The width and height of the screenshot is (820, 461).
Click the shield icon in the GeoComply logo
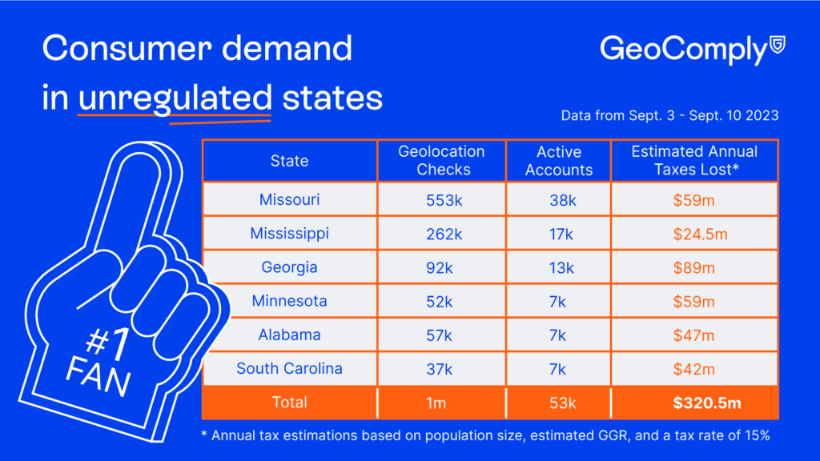pos(777,44)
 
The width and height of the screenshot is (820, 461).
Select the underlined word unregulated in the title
pos(175,98)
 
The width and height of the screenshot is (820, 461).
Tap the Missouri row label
pos(289,200)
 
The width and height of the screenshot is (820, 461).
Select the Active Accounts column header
pos(559,161)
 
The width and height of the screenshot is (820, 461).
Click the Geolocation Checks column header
pos(441,161)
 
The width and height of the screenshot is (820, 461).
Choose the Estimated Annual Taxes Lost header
pos(694,161)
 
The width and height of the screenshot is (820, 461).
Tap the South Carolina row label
pos(289,368)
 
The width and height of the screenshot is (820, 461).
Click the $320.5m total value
pos(694,403)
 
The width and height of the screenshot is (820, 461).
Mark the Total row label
pos(289,403)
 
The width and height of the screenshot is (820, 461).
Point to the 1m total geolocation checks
pos(436,403)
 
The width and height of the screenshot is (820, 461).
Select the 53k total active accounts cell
pos(559,403)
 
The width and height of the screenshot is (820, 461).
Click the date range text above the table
pos(669,116)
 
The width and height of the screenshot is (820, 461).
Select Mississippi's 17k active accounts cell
pos(559,234)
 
